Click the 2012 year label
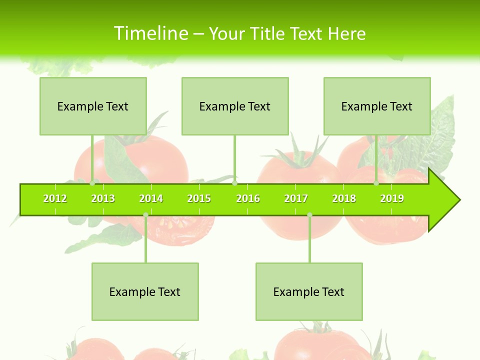click(x=55, y=198)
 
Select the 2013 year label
click(x=103, y=198)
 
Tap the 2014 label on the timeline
click(x=151, y=198)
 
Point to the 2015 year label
click(x=199, y=198)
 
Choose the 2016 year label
click(x=248, y=198)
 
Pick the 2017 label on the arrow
click(x=296, y=198)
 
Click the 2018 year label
click(x=344, y=198)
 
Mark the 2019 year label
click(x=392, y=198)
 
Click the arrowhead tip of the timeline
click(x=458, y=200)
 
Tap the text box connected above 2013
click(x=93, y=106)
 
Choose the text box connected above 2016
click(x=235, y=106)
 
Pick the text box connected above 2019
click(x=377, y=106)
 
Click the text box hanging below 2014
click(x=145, y=291)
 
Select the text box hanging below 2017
click(x=309, y=291)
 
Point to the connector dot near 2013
click(x=92, y=183)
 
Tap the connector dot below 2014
click(x=145, y=215)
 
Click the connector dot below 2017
click(x=309, y=215)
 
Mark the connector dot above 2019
click(x=376, y=183)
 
